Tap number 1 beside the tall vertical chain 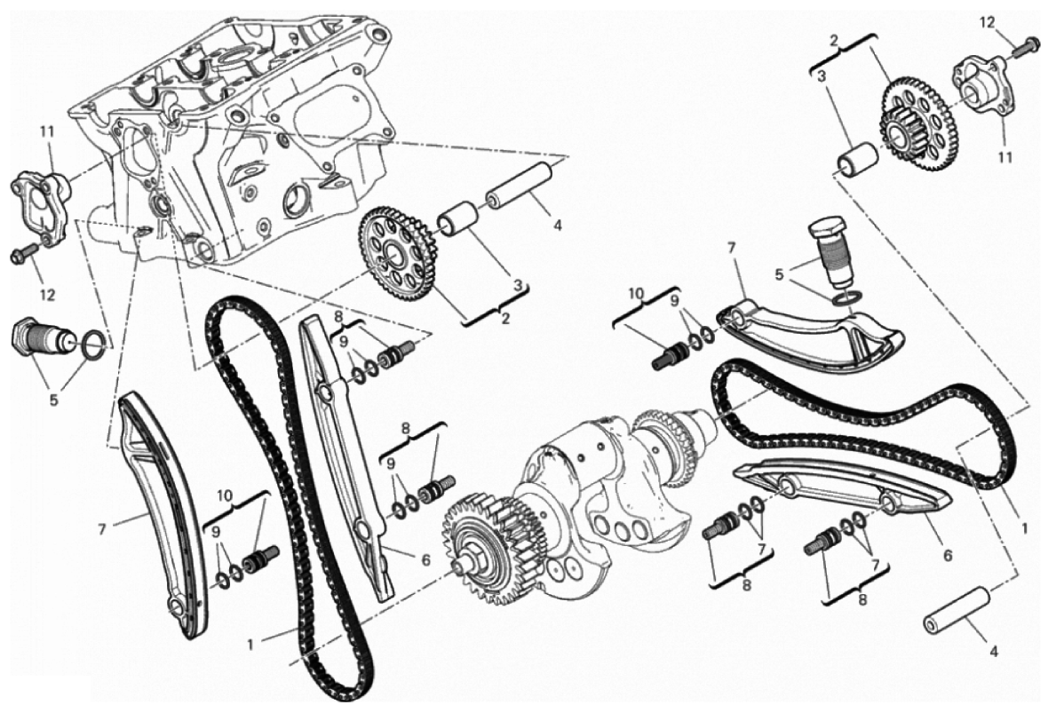(x=250, y=645)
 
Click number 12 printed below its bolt (x=47, y=293)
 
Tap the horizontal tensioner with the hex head (x=43, y=334)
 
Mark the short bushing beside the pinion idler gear (x=857, y=159)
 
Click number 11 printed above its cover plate (x=45, y=131)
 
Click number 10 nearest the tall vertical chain (x=226, y=495)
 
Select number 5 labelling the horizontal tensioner (x=53, y=400)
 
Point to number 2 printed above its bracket (x=834, y=41)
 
